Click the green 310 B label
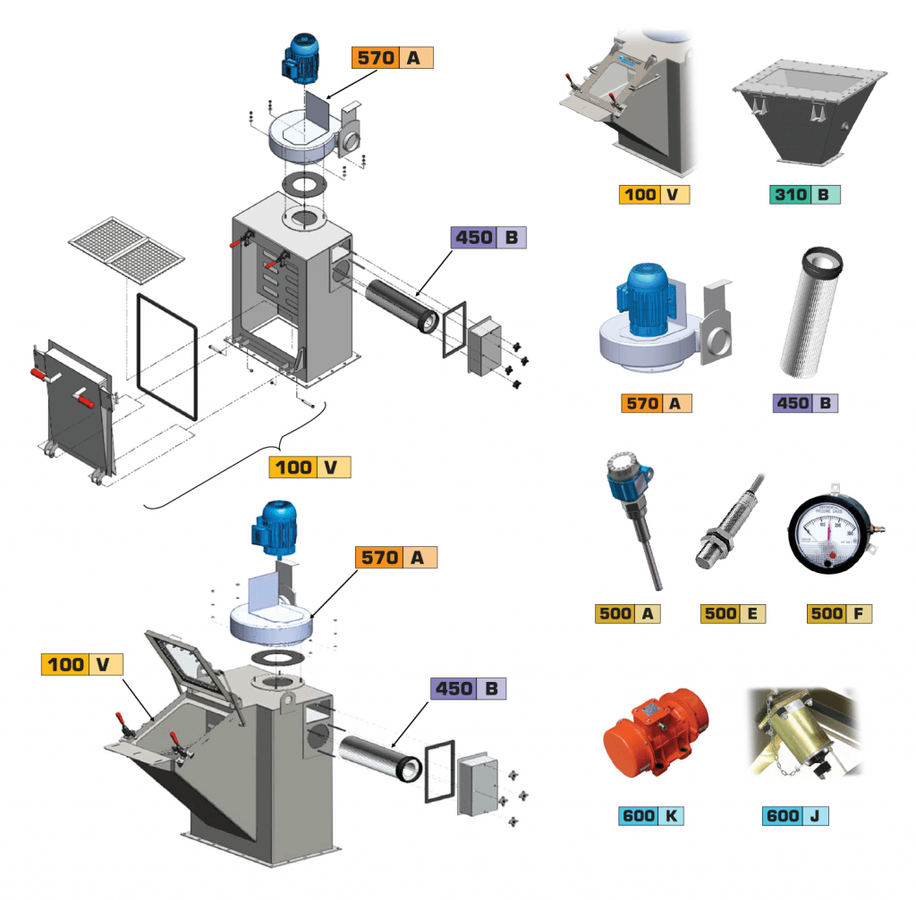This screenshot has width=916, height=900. [x=802, y=194]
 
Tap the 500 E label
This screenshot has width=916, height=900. [x=733, y=613]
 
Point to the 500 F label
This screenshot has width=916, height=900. [x=838, y=613]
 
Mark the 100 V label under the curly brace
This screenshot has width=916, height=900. [x=310, y=467]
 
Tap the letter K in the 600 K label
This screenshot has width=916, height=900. [x=671, y=816]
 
